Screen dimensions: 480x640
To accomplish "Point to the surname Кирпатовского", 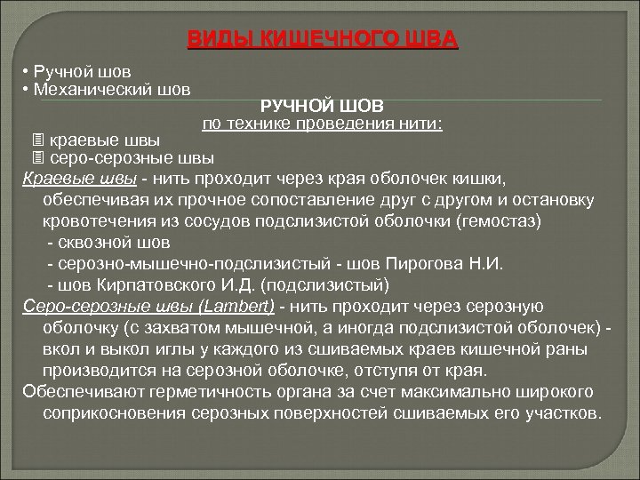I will (166, 285).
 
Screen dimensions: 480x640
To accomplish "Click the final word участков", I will (560, 413).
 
